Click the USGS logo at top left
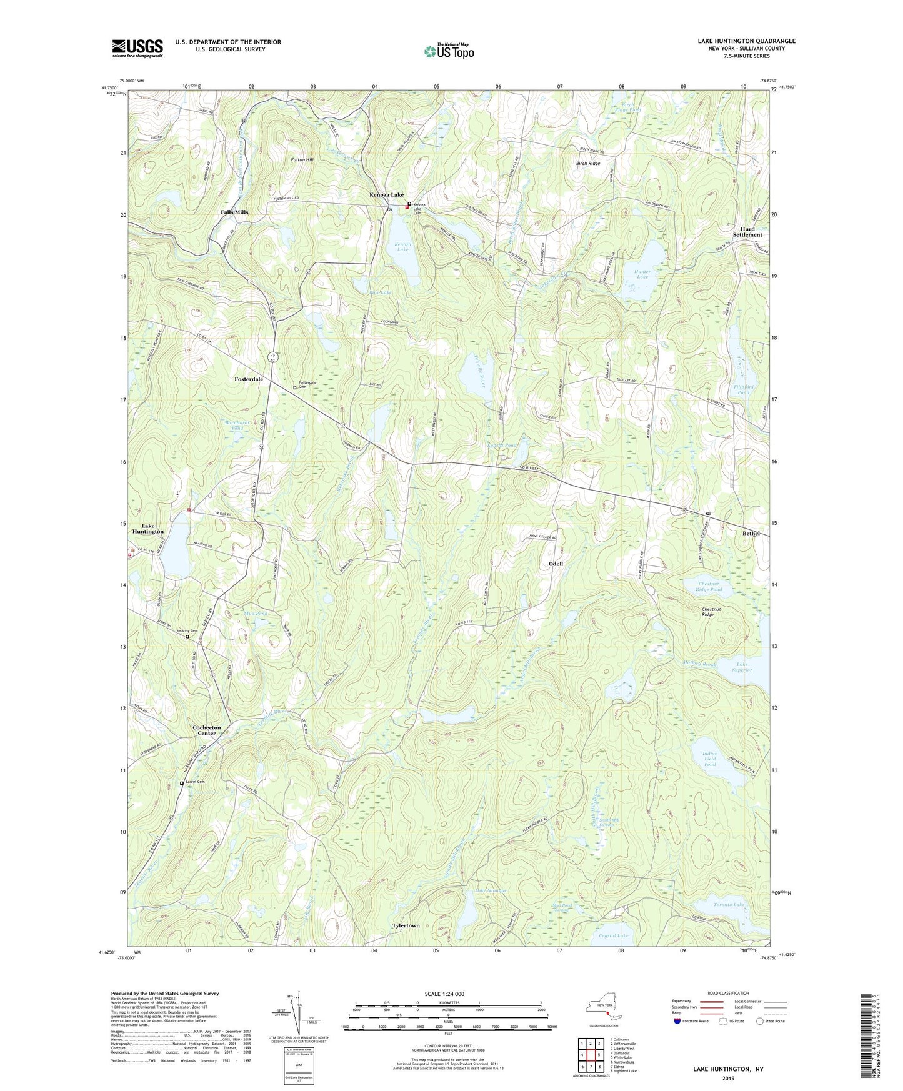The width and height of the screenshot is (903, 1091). click(137, 48)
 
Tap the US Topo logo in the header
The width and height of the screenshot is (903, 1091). click(448, 51)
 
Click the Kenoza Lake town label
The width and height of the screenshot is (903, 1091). click(386, 195)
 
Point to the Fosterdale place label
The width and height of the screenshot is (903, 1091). click(249, 379)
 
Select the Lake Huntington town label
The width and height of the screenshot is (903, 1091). click(148, 529)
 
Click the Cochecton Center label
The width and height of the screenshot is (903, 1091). click(207, 730)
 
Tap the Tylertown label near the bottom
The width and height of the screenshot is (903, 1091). click(406, 925)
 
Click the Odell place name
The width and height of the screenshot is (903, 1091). click(556, 564)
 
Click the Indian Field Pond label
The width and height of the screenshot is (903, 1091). click(709, 759)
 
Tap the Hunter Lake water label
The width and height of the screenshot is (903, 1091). click(642, 274)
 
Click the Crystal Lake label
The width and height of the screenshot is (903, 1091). click(613, 935)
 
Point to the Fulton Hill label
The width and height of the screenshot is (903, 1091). click(302, 160)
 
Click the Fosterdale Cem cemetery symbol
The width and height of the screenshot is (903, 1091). click(295, 387)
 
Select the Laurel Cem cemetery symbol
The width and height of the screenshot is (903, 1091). click(182, 783)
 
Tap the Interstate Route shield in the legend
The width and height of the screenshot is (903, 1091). click(677, 1022)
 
